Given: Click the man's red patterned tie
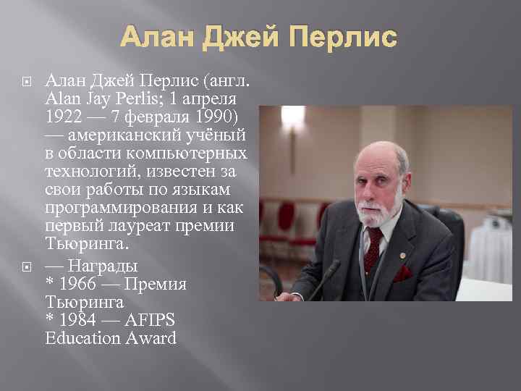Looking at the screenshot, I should [373, 245].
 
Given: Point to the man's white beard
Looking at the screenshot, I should [378, 210].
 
